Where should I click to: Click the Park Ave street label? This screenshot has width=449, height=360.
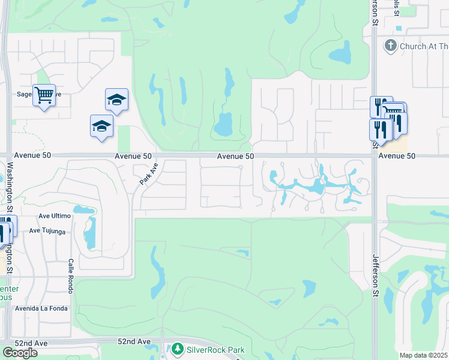[148, 173]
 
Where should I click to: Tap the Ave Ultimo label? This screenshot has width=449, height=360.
[54, 215]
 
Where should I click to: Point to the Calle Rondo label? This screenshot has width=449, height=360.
[71, 276]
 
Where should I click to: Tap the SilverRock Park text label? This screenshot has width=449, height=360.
[215, 349]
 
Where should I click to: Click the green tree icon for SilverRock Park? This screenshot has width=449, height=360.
[177, 349]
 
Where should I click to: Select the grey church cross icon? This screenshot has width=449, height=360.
[390, 46]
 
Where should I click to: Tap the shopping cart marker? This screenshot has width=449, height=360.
[44, 95]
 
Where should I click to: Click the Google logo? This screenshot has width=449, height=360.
[20, 353]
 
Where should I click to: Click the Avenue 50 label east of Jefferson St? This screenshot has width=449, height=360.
[397, 155]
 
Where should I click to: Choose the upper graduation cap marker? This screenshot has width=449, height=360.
[116, 99]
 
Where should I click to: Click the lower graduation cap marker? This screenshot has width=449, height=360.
[101, 126]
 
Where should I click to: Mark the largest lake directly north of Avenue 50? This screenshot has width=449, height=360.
[223, 125]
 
